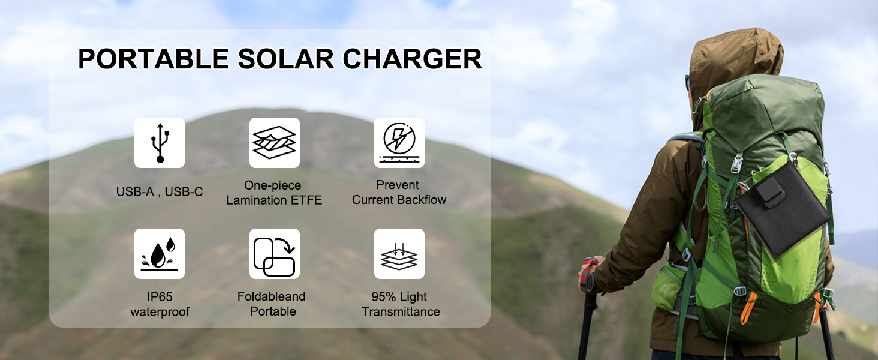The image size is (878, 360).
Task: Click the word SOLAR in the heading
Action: pos(285,59)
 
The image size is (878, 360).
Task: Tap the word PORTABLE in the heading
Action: pos(153,59)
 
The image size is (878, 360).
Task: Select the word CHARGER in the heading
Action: pos(413,59)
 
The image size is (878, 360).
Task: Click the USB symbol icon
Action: pos(160,143)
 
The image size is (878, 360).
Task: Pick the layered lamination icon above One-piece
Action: pos(274,143)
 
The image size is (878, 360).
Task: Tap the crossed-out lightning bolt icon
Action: pos(399,143)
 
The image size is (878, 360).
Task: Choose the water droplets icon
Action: pos(160,254)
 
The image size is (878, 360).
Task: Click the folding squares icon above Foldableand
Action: pos(274,254)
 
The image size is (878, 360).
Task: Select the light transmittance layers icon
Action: pos(399,254)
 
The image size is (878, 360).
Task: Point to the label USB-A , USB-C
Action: pos(160,192)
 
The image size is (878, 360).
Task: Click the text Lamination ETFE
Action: pos(274,200)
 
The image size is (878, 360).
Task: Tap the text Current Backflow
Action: pos(399,200)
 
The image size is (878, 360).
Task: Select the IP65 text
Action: pos(160,297)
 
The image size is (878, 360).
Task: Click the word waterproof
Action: pos(160,312)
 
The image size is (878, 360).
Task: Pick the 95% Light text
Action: pos(399,297)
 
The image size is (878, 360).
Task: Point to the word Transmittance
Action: pos(401,312)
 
